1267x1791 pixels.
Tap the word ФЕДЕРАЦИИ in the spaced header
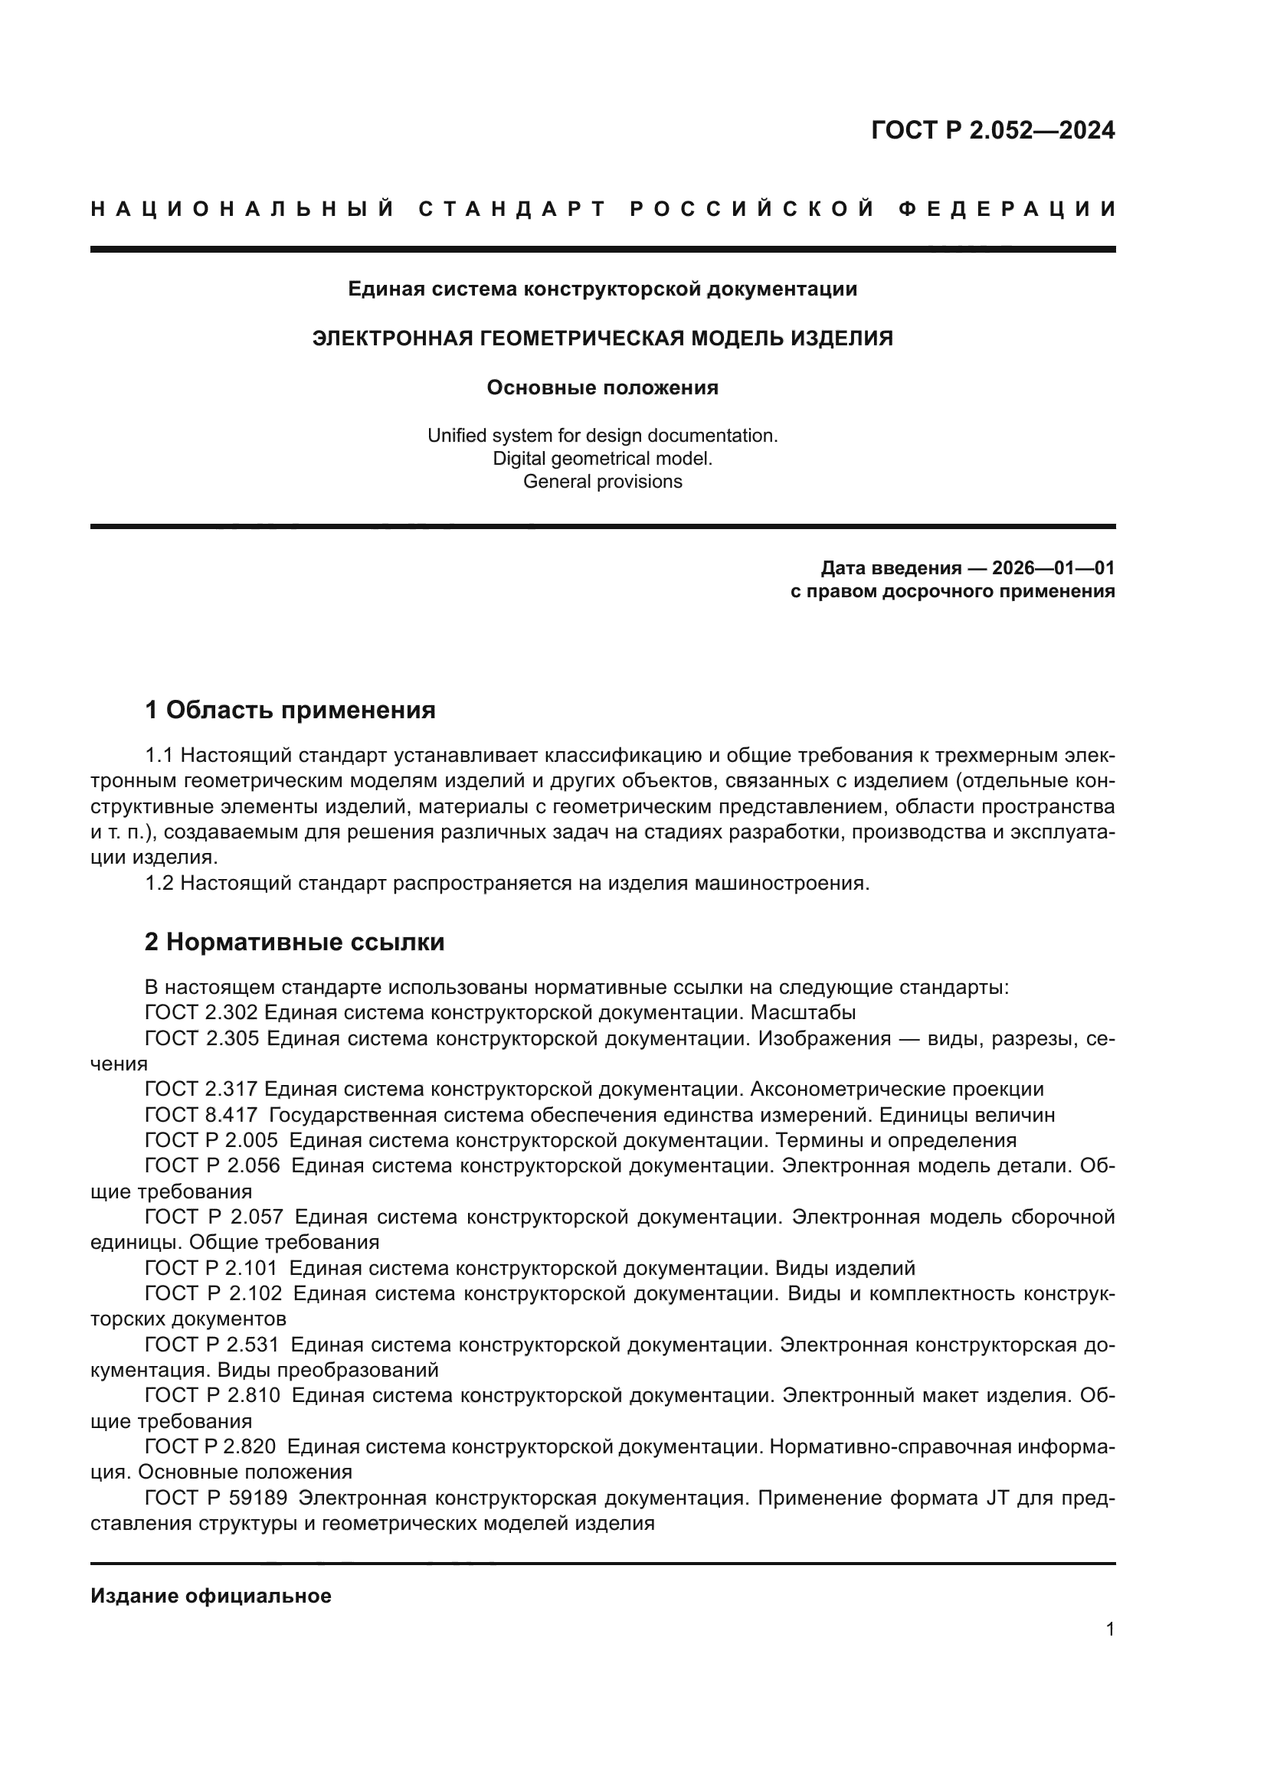[1007, 209]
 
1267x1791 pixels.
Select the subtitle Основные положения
[602, 387]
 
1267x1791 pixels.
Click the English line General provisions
[602, 482]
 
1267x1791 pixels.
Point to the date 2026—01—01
[1053, 568]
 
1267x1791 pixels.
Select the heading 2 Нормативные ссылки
[295, 943]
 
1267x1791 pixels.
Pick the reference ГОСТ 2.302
[202, 1012]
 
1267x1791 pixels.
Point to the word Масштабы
[804, 1012]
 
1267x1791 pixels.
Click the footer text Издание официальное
[211, 1596]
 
